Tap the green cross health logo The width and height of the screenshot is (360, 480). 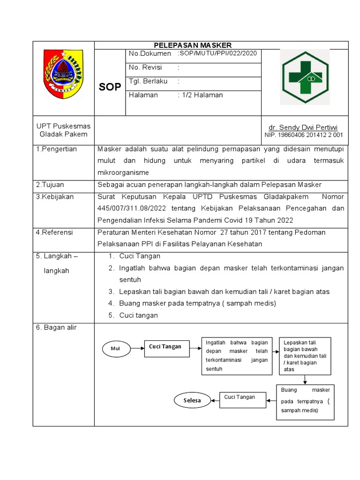(x=305, y=77)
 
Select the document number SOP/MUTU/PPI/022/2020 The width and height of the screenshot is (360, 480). (x=217, y=54)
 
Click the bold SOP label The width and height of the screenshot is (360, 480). (x=110, y=87)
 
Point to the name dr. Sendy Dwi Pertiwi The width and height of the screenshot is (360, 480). (x=303, y=127)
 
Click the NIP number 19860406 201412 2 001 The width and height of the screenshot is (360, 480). (x=304, y=135)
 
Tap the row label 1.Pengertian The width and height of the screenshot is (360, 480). (x=57, y=149)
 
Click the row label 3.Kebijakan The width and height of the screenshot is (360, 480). (x=55, y=196)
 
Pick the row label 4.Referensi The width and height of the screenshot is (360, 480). (x=55, y=232)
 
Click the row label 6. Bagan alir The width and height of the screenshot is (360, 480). (x=56, y=327)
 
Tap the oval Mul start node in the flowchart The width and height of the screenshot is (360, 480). (x=115, y=349)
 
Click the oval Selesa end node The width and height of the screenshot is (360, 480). (x=192, y=400)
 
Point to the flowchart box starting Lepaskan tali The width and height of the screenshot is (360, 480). (x=305, y=356)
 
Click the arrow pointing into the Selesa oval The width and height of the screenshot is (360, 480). (x=215, y=400)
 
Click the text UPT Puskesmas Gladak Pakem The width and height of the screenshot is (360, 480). (x=64, y=130)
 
